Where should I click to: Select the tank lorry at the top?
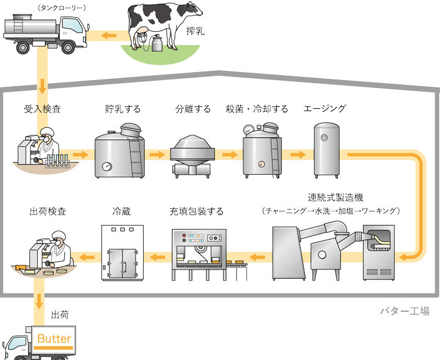pyautogui.click(x=43, y=31)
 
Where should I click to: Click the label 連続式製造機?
pyautogui.click(x=333, y=198)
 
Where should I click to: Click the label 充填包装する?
pyautogui.click(x=197, y=212)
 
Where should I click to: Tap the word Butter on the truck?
pyautogui.click(x=54, y=339)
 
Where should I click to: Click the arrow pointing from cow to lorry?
pyautogui.click(x=108, y=35)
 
